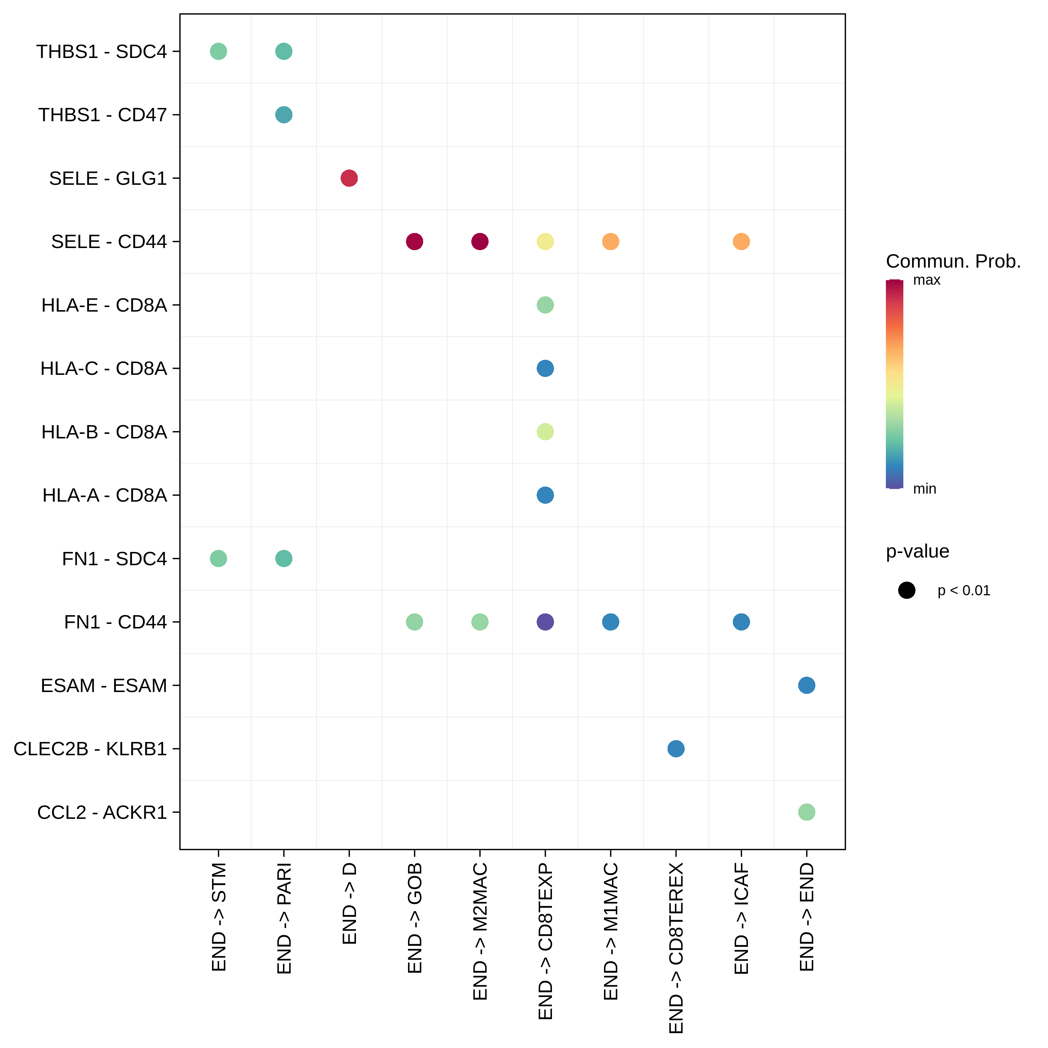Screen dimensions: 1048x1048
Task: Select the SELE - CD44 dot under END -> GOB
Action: [414, 241]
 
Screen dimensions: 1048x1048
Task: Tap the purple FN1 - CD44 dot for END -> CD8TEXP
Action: [545, 622]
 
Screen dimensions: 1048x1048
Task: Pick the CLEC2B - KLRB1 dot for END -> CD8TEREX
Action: [676, 749]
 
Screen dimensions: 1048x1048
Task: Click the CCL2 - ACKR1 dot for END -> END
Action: [807, 812]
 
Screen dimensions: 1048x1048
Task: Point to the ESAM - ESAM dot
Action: [807, 685]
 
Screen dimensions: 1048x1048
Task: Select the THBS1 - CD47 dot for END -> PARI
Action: [284, 115]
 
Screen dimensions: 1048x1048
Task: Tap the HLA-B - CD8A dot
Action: [545, 432]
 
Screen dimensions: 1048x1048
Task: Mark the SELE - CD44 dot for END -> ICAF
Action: [741, 241]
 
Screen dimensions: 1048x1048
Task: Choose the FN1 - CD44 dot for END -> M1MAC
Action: [610, 622]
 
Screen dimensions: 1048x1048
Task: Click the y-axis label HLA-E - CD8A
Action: [104, 305]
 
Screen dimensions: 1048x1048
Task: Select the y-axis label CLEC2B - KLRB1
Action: [90, 749]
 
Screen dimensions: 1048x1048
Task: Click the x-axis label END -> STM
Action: [218, 917]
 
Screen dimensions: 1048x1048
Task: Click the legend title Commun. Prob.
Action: [953, 261]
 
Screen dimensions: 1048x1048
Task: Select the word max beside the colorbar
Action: [926, 280]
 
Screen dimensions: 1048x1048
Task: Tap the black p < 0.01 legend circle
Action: [907, 590]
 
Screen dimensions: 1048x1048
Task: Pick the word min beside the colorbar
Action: [924, 489]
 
